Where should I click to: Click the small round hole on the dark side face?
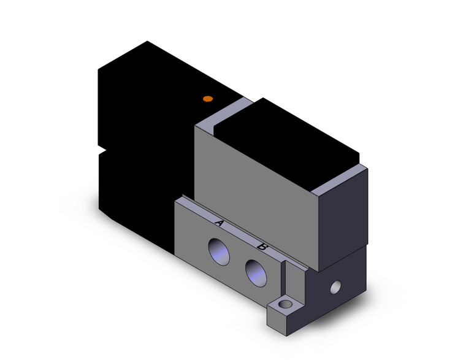click(x=335, y=286)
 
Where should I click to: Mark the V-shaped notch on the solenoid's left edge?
click(x=102, y=149)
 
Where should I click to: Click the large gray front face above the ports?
click(x=258, y=184)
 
